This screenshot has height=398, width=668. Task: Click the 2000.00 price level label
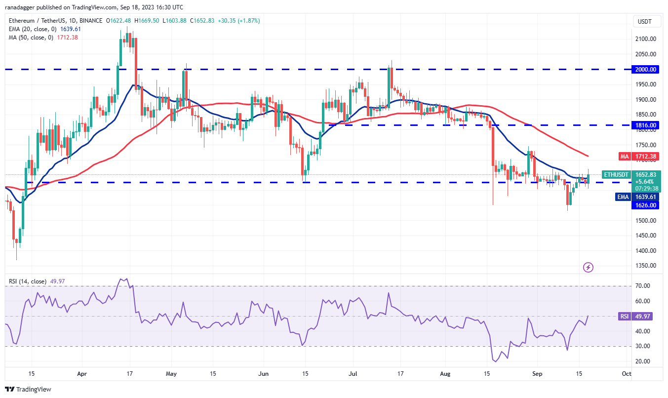[x=645, y=70]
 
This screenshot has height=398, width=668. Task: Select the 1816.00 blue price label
[x=645, y=125]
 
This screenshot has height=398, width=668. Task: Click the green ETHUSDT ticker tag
[x=616, y=174]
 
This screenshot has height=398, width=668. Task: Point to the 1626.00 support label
[x=645, y=205]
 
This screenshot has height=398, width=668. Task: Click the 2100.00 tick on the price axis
[x=645, y=39]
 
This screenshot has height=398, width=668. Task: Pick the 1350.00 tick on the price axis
[x=645, y=266]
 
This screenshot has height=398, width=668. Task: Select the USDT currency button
[x=645, y=21]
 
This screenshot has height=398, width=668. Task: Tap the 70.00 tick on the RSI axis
[x=642, y=286]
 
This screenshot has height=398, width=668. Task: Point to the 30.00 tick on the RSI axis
[x=642, y=347]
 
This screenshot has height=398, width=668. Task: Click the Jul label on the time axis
[x=354, y=374]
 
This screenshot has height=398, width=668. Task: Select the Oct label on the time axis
[x=626, y=374]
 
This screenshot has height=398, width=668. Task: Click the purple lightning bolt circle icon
[x=588, y=268]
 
